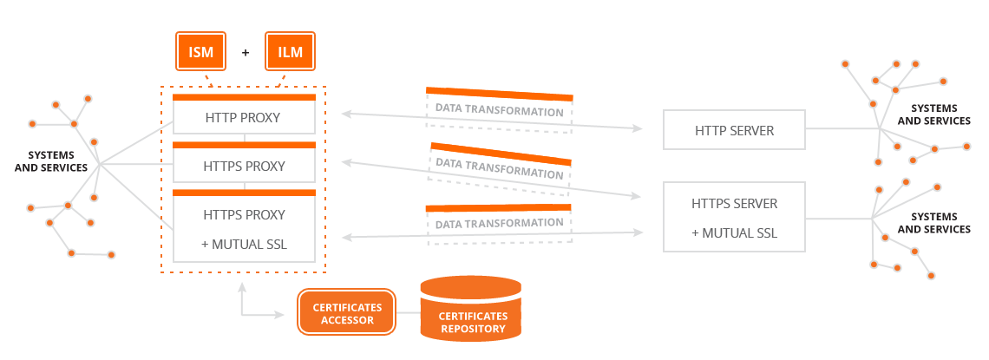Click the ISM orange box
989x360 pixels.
200,51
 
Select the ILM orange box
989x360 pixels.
290,51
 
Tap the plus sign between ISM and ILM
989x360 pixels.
246,52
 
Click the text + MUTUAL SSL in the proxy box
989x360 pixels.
244,244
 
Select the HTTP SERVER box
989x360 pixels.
734,130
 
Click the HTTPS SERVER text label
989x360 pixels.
734,204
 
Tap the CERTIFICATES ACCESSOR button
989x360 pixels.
346,313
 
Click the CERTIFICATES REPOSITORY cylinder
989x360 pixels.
471,308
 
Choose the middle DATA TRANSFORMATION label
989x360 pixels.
499,167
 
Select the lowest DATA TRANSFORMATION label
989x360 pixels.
499,223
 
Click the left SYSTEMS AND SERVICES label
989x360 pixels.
58,160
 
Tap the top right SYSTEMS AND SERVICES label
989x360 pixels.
933,115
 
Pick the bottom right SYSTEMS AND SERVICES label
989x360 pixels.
933,223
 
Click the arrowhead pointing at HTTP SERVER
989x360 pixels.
637,128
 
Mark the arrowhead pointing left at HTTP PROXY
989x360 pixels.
346,114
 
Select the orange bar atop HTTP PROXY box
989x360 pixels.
244,97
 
